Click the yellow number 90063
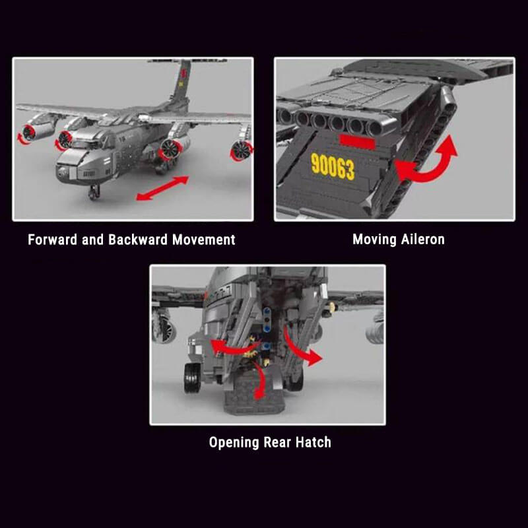tap(333, 167)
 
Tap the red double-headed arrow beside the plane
tap(162, 188)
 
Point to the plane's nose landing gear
tap(94, 192)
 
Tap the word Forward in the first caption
tap(52, 240)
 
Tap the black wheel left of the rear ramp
tap(193, 378)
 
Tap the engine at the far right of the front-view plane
tap(241, 150)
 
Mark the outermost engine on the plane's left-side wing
tap(32, 131)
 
